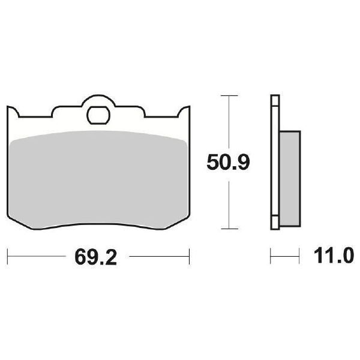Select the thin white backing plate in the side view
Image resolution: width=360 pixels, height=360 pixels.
[x=275, y=162]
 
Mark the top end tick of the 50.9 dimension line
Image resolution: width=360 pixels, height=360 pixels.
[x=229, y=95]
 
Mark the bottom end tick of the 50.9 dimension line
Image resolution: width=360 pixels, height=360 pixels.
[x=229, y=229]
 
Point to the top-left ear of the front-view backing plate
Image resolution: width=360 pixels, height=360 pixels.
[x=12, y=112]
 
